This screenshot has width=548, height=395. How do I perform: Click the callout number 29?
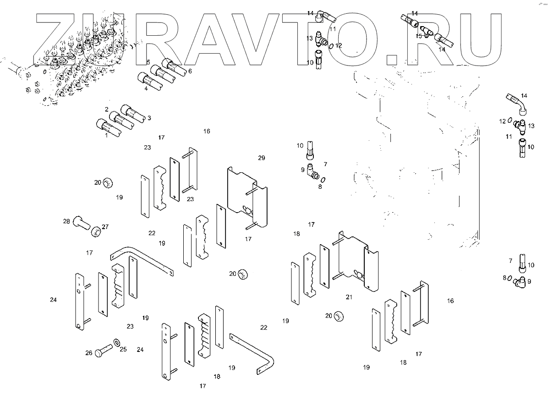(x=262, y=158)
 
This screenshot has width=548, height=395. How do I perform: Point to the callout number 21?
(x=349, y=297)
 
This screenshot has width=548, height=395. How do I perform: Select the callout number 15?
(x=419, y=36)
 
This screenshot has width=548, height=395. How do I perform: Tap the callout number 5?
(x=148, y=62)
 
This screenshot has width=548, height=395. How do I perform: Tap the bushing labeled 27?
(x=95, y=231)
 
